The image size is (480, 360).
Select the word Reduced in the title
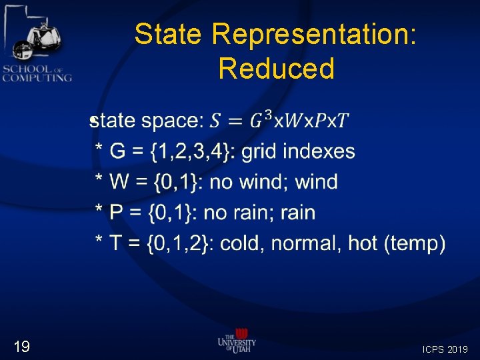276,69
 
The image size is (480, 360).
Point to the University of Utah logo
237,341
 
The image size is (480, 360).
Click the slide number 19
22,346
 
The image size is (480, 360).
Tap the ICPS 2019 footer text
445,349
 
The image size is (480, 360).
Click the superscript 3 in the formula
268,115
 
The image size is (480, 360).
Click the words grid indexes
298,151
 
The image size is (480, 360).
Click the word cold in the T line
241,243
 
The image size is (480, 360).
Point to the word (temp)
415,243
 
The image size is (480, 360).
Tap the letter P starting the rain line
116,213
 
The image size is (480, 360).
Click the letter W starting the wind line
119,182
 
